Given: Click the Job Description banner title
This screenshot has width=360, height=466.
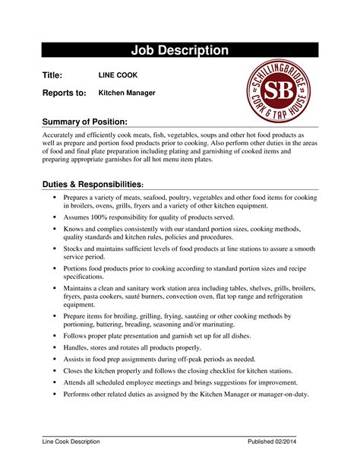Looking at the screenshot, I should [x=180, y=51].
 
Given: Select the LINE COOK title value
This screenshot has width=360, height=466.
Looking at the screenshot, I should [x=118, y=76].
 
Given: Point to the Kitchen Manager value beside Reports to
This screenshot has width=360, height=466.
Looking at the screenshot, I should [x=127, y=93].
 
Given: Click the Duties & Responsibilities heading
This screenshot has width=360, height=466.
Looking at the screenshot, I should [x=91, y=185].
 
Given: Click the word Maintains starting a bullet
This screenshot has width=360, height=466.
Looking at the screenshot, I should [x=81, y=288].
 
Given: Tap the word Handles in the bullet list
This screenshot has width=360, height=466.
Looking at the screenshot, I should [x=78, y=347].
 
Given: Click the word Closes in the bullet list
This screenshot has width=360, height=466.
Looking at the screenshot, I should [x=76, y=370].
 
